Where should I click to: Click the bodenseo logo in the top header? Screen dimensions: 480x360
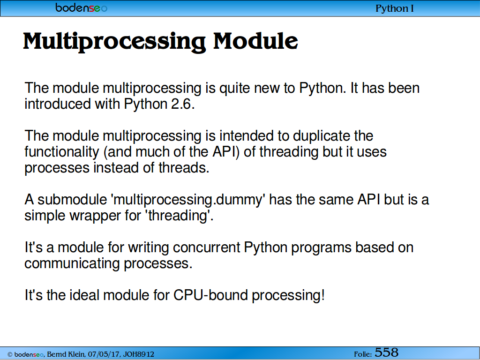tap(82, 7)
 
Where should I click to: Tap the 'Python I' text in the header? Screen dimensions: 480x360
tap(395, 8)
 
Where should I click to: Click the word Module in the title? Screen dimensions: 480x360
tap(255, 41)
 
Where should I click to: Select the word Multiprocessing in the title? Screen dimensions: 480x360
tap(114, 42)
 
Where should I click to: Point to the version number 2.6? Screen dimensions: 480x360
tap(182, 104)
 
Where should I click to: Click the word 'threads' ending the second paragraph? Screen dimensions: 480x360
tap(184, 168)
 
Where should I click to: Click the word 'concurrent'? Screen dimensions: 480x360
tap(207, 247)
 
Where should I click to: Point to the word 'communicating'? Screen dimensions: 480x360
tap(72, 264)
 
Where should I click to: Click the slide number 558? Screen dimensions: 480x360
tap(387, 352)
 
